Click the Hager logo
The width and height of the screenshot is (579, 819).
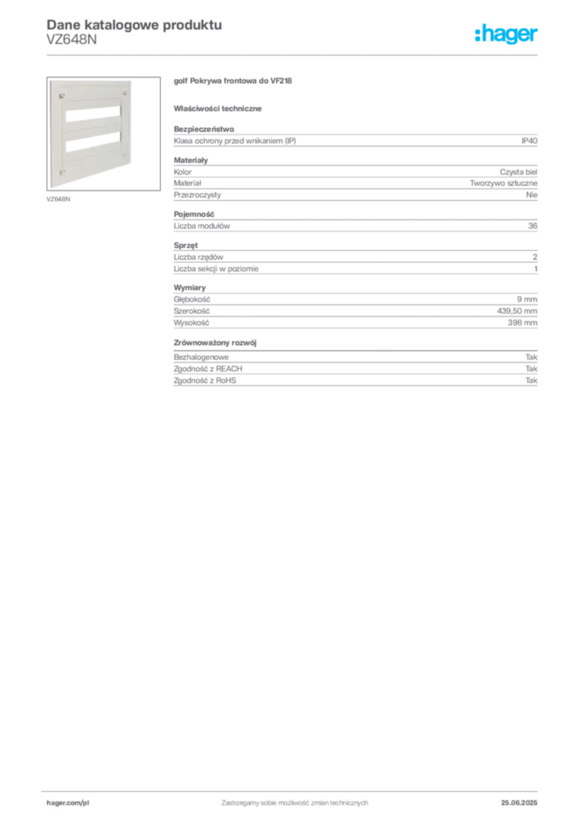point(506,34)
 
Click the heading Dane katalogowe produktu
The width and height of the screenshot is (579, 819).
point(134,25)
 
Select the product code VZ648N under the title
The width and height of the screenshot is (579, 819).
point(71,40)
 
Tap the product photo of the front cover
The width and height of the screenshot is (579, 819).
point(103,134)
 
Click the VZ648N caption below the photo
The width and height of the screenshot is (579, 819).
point(58,199)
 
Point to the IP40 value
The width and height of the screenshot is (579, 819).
point(529,141)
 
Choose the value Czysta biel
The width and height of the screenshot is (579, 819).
point(518,172)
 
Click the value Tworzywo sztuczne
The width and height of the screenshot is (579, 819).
point(503,183)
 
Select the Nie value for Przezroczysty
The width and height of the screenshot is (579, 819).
point(532,195)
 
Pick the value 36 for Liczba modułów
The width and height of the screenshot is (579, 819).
point(533,226)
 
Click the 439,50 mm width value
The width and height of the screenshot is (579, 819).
point(517,311)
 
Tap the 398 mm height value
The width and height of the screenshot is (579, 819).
point(522,323)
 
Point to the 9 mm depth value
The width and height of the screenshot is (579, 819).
point(527,299)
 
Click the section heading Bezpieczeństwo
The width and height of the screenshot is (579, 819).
point(204,129)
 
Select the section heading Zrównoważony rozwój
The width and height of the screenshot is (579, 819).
point(215,342)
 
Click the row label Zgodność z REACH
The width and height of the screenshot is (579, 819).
point(208,369)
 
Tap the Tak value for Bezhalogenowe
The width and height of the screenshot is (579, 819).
point(532,358)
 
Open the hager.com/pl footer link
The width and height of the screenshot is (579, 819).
point(68,803)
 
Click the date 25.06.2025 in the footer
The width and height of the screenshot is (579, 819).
point(519,803)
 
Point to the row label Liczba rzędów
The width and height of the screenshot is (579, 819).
point(198,257)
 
